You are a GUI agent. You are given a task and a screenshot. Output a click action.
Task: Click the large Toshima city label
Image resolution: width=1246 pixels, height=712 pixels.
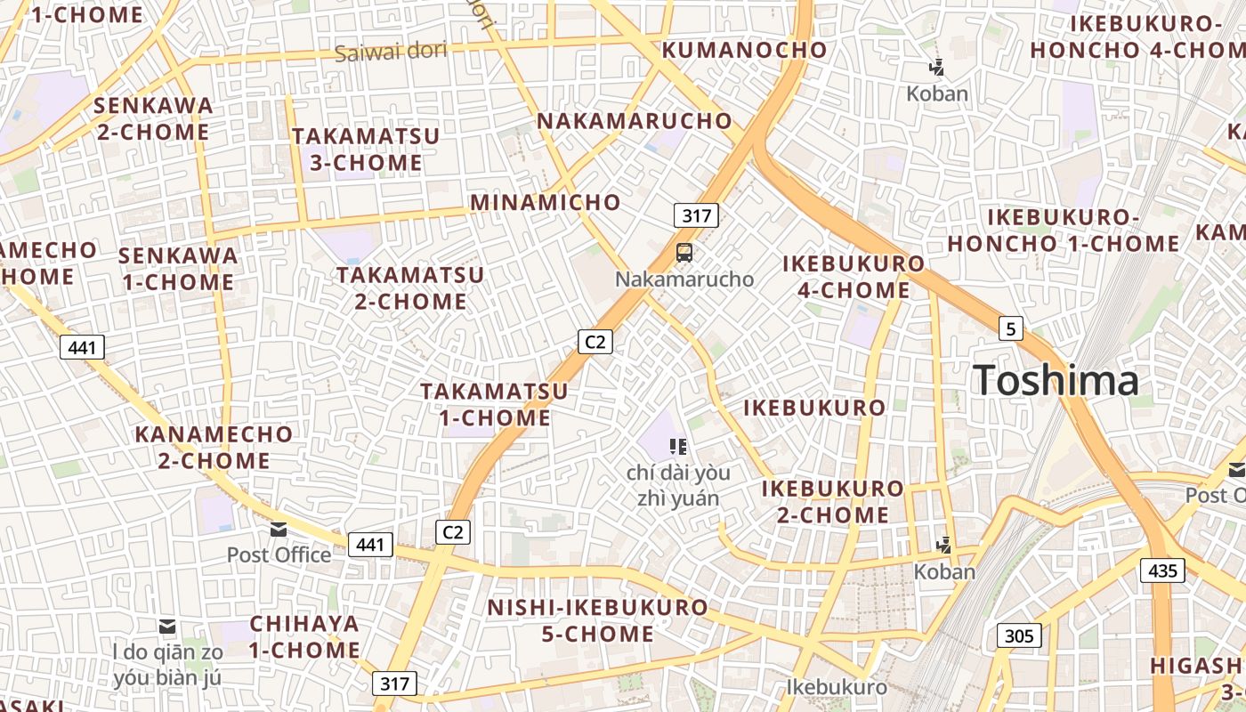(1055, 381)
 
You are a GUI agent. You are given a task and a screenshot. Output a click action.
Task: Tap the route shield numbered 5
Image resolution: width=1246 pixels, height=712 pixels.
(1009, 328)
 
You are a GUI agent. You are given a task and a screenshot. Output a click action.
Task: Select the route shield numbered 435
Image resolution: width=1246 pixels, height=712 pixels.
(1163, 570)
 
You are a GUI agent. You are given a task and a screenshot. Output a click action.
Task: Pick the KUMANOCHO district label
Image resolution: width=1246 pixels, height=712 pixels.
(745, 50)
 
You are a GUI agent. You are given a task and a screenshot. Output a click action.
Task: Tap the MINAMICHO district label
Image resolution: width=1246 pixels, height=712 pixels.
(545, 202)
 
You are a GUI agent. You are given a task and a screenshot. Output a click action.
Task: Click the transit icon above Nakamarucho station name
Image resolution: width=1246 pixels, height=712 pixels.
(684, 253)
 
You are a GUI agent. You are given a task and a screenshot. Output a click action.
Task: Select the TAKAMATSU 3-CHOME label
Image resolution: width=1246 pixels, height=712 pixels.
(366, 150)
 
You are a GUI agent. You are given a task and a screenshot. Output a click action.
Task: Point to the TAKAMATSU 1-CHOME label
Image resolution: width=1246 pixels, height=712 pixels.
(494, 404)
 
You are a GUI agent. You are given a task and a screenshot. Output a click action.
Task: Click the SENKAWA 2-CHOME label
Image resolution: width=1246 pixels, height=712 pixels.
(153, 119)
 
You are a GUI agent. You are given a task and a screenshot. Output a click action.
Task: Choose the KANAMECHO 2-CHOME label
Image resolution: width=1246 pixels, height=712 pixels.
(214, 448)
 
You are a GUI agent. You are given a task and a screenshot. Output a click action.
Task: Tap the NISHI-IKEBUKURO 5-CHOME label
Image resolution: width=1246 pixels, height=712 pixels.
(597, 621)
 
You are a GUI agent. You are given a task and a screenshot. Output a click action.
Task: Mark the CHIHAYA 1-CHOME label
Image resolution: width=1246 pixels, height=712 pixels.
(304, 636)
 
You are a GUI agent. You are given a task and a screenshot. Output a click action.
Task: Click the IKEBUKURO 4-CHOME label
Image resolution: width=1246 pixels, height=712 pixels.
(854, 277)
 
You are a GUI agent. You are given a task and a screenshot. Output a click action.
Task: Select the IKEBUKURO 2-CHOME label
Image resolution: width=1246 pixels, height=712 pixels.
(832, 501)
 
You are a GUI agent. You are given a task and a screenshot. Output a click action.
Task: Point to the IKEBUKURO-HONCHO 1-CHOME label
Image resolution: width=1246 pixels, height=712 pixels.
(1064, 231)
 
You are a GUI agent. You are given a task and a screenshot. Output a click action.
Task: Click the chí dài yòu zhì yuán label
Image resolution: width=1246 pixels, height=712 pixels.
(678, 485)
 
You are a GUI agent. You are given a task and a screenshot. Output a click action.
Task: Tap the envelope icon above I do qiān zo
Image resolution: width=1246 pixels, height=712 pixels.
(167, 627)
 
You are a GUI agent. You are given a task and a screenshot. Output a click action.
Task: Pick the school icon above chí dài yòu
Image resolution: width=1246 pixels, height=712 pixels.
(678, 446)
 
